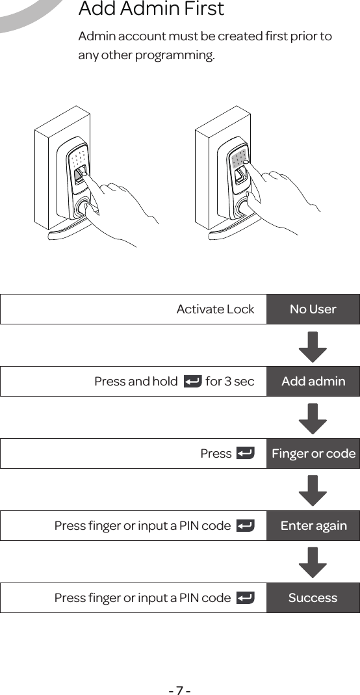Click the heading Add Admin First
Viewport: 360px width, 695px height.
pyautogui.click(x=151, y=10)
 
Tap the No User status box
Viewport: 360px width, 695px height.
pyautogui.click(x=313, y=309)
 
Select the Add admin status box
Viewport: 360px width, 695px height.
pyautogui.click(x=313, y=381)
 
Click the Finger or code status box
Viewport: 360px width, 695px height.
pyautogui.click(x=313, y=453)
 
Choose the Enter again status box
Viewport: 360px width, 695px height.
pyautogui.click(x=313, y=525)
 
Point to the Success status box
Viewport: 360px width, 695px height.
pyautogui.click(x=313, y=597)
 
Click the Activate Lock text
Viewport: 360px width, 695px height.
pyautogui.click(x=215, y=309)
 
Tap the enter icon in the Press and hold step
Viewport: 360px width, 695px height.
pyautogui.click(x=192, y=381)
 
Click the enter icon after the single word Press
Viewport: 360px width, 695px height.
pyautogui.click(x=245, y=453)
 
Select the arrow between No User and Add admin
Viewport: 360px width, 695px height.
pyautogui.click(x=313, y=347)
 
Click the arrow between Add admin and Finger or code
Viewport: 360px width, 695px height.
pyautogui.click(x=313, y=418)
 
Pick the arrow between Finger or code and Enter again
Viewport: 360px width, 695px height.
pyautogui.click(x=313, y=490)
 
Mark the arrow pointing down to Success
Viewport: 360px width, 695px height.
pyautogui.click(x=313, y=562)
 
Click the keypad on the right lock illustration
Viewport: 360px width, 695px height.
pyautogui.click(x=238, y=159)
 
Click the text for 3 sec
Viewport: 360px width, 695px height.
pyautogui.click(x=230, y=381)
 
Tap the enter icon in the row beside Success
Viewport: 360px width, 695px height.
pyautogui.click(x=245, y=597)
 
